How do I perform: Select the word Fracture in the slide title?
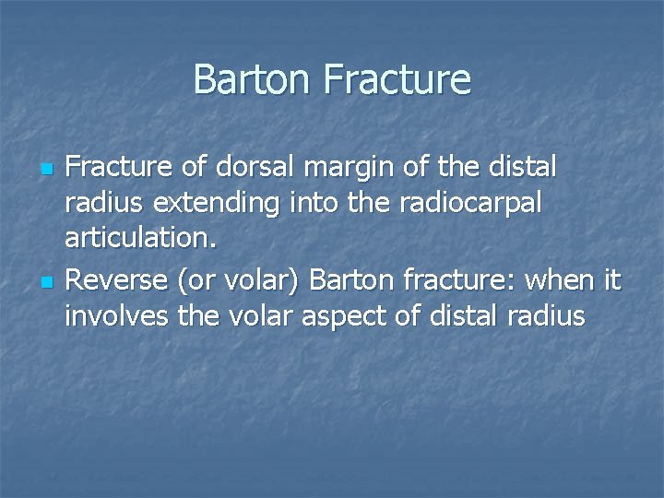[x=397, y=80]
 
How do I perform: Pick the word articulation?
[x=140, y=242]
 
